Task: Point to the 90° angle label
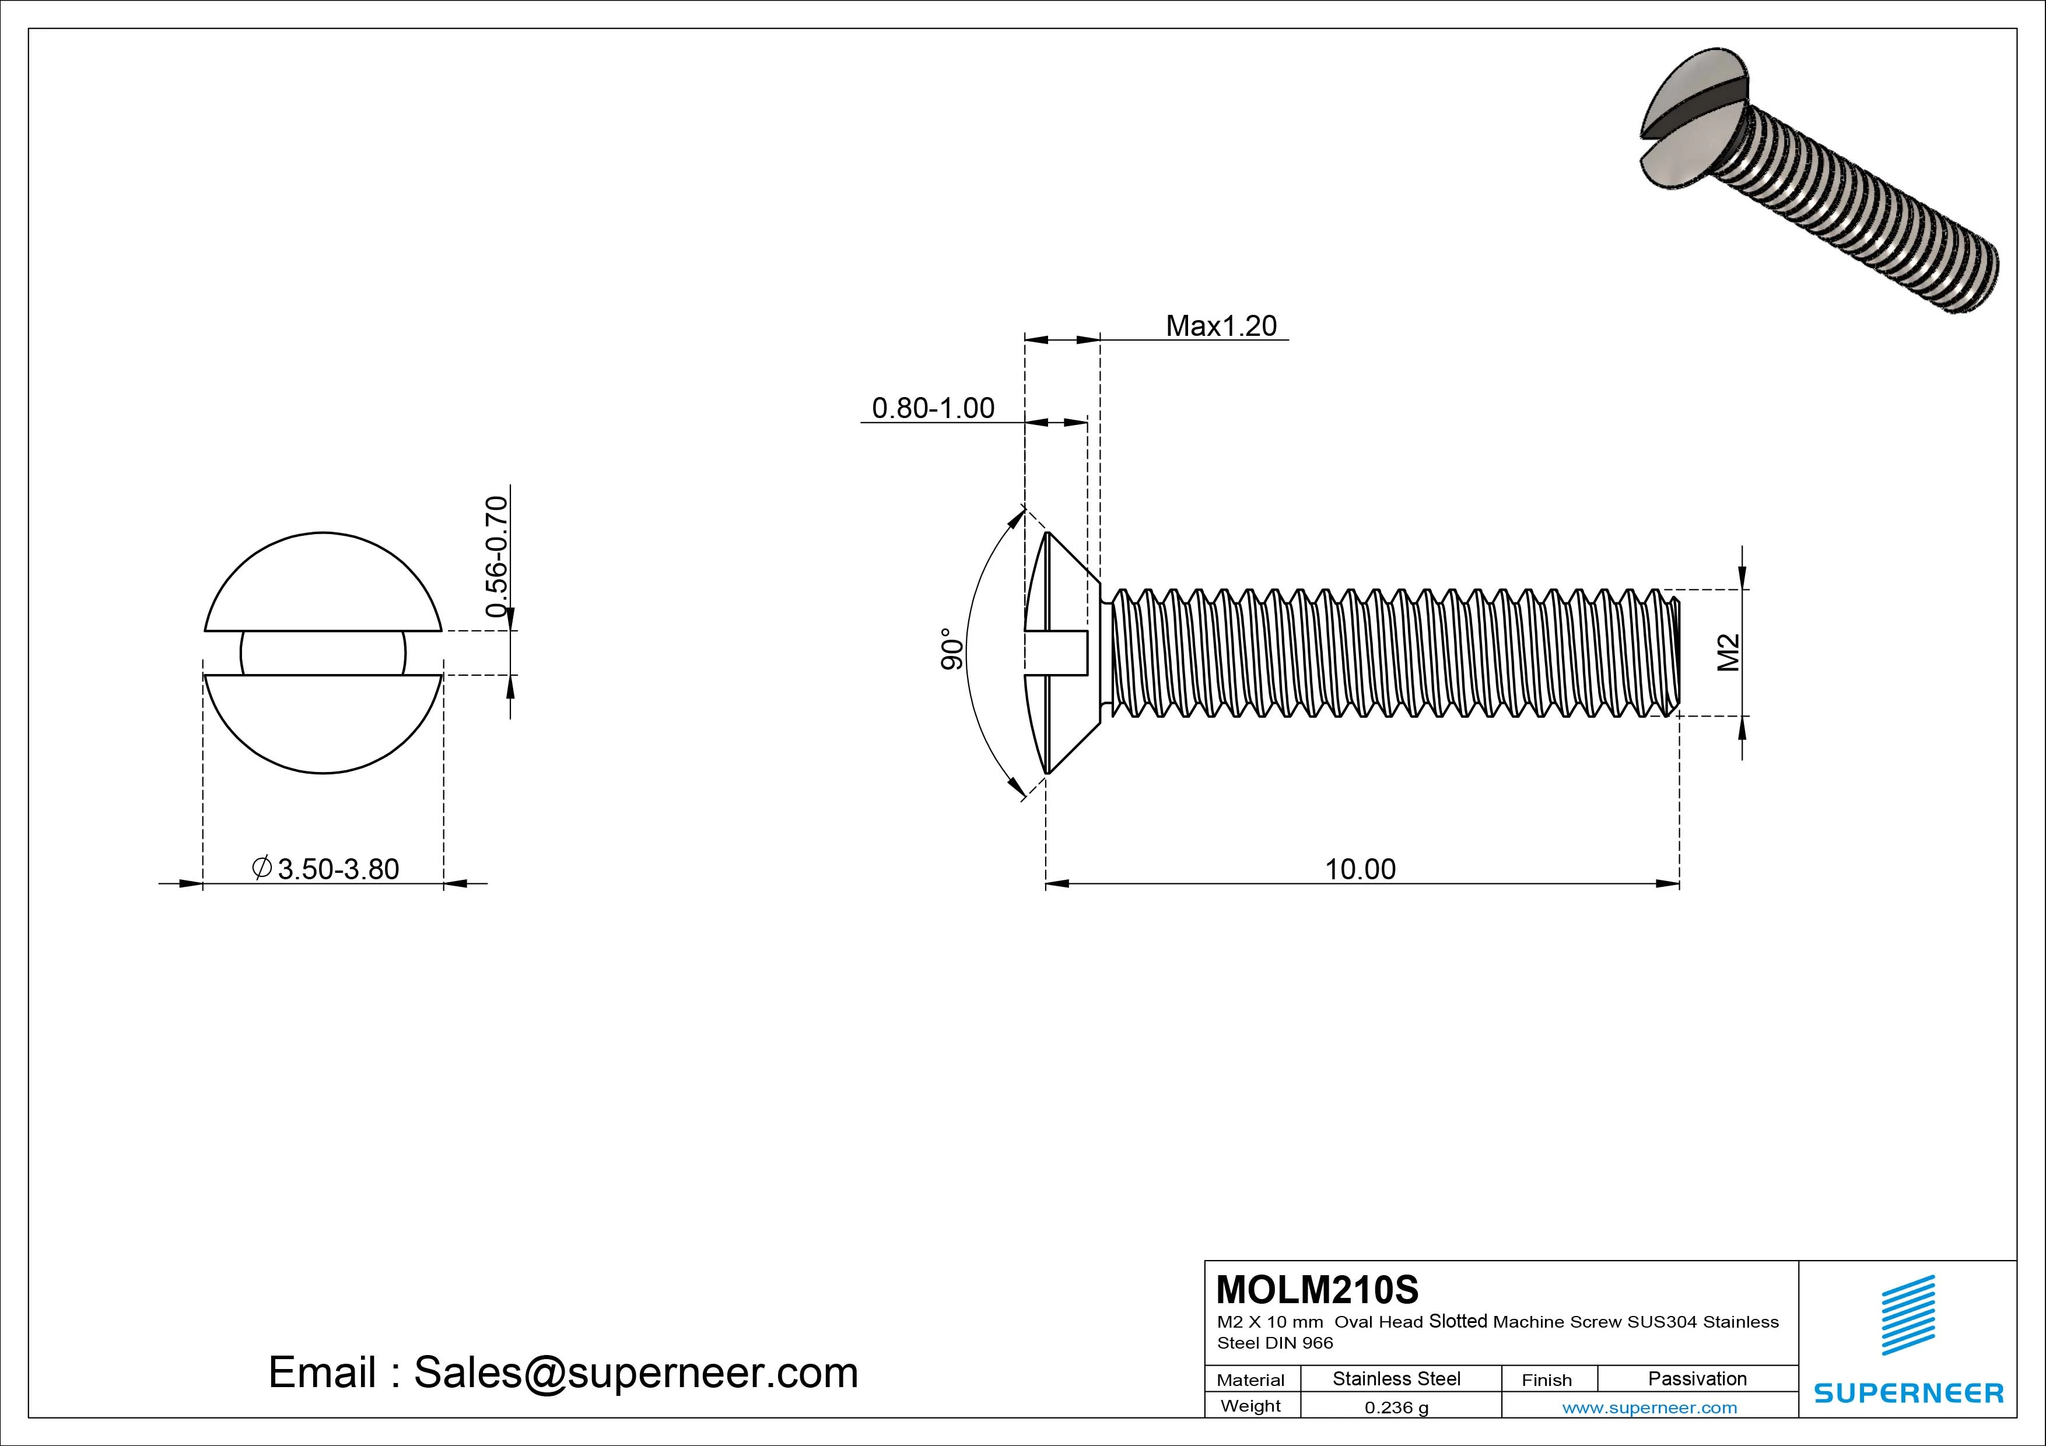point(952,648)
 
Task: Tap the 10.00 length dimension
point(1360,869)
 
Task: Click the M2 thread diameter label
point(1728,652)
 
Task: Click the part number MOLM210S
point(1317,1289)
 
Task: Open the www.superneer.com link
point(1649,1408)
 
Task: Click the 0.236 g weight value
point(1396,1408)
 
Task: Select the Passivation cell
point(1697,1378)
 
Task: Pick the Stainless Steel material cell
point(1396,1378)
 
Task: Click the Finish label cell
point(1547,1380)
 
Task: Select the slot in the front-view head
point(323,653)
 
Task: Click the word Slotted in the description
point(1458,1321)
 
